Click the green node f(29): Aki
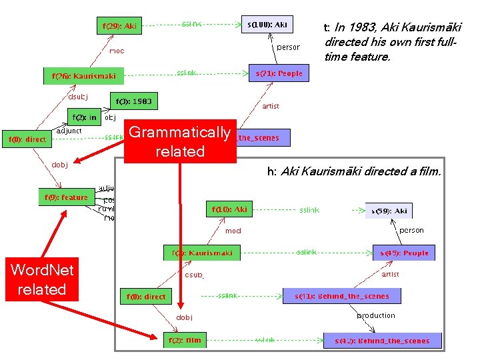119,27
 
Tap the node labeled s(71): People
278,73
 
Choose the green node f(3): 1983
133,101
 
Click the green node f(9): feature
66,197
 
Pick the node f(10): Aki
229,209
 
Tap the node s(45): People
404,253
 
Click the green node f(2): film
183,341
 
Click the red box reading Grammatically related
180,141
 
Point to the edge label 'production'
376,315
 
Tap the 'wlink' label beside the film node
265,341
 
